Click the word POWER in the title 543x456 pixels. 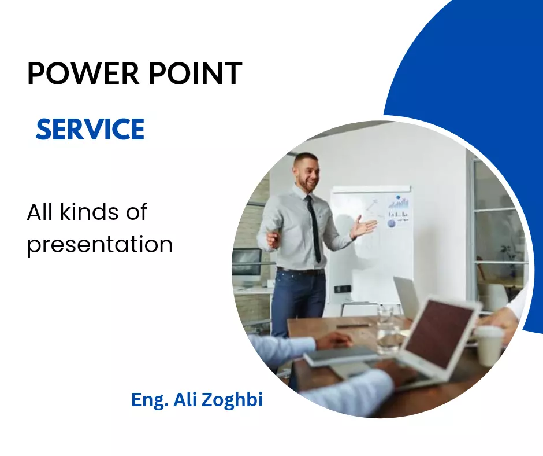83,73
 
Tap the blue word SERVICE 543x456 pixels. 90,129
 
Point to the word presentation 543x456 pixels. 100,245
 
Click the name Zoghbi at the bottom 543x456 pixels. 232,400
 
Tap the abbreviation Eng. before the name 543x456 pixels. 150,400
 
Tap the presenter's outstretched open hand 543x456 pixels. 363,227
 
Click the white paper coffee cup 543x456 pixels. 488,346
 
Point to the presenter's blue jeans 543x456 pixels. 298,302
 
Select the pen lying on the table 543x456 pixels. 352,326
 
